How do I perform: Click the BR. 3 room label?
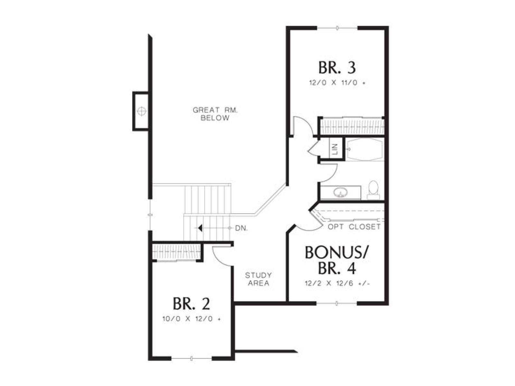(x=337, y=68)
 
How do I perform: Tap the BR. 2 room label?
(x=191, y=304)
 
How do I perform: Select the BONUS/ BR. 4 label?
(x=337, y=260)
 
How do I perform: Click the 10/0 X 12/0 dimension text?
(x=192, y=319)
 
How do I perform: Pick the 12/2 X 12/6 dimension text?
(x=337, y=283)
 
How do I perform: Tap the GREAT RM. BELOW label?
(x=215, y=114)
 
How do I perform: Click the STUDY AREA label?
(x=258, y=279)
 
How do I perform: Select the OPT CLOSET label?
(x=354, y=227)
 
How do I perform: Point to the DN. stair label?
(x=241, y=228)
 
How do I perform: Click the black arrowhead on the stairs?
(x=200, y=228)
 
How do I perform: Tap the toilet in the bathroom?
(x=373, y=190)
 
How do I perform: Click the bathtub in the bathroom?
(x=365, y=149)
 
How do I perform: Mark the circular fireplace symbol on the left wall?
(x=142, y=111)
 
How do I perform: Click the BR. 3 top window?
(x=337, y=28)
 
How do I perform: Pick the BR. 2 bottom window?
(x=192, y=365)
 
